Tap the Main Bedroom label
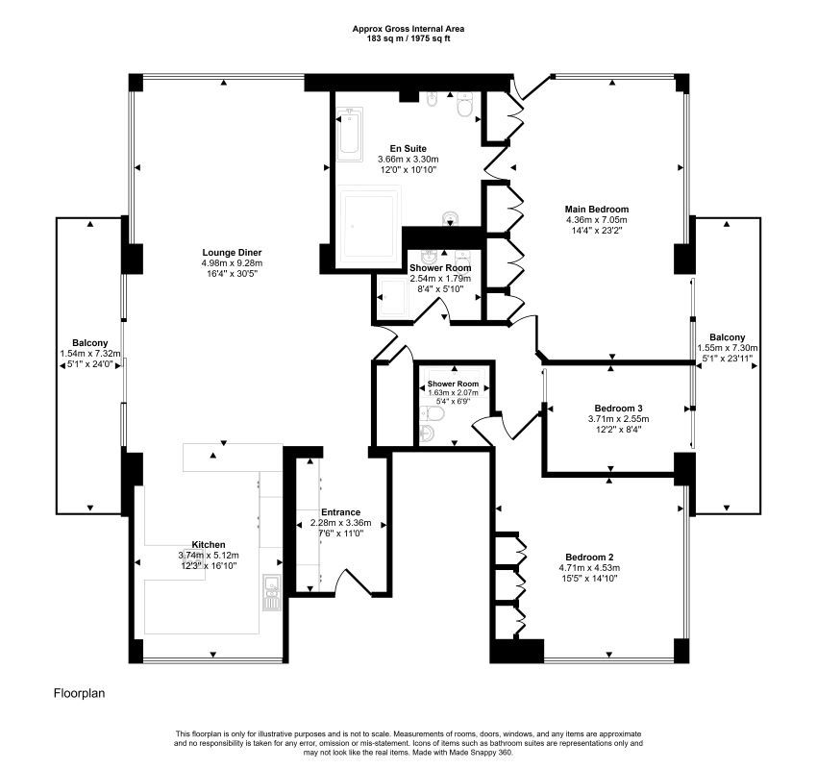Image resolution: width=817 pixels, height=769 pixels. tap(596, 210)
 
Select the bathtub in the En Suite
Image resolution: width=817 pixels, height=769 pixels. tap(349, 135)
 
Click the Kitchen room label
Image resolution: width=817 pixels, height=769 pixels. tap(209, 544)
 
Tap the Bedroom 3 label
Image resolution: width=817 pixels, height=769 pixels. tap(618, 407)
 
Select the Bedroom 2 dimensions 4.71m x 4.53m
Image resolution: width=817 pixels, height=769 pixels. tap(589, 568)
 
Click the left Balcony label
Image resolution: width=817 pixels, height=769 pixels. tap(89, 343)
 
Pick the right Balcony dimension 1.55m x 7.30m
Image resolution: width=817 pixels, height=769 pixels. tap(728, 348)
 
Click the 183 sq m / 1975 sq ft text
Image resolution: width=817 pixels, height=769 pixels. tap(408, 38)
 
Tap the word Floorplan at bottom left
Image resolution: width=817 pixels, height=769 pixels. tap(80, 692)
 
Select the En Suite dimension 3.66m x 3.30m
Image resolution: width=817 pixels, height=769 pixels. tap(408, 160)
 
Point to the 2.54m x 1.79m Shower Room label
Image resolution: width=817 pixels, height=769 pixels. tap(439, 279)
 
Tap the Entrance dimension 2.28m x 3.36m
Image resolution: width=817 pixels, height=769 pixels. tap(340, 523)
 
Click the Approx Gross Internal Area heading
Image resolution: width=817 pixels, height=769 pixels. tap(408, 29)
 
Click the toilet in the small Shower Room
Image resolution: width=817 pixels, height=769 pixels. tap(431, 415)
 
